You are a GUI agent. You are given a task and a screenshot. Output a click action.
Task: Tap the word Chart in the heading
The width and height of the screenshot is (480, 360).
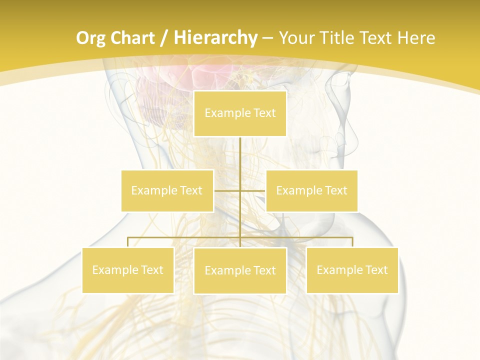click(x=133, y=38)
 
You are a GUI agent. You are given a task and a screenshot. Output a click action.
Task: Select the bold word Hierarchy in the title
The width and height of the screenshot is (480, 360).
click(x=215, y=38)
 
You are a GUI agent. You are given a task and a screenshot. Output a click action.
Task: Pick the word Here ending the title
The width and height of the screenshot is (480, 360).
click(x=416, y=38)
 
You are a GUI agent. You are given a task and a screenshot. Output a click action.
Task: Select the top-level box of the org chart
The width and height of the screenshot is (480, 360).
click(x=240, y=113)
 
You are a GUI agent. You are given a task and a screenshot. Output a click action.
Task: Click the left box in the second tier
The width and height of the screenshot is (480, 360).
click(x=167, y=190)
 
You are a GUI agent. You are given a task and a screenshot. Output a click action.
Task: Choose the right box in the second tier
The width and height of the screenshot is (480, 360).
click(x=311, y=190)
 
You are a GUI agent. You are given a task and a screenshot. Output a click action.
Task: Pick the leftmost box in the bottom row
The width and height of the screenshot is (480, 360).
click(x=127, y=270)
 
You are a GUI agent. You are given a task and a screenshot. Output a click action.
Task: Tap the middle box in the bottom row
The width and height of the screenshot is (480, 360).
click(x=240, y=270)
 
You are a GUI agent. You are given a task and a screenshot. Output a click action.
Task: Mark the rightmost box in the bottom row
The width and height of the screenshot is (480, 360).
click(x=352, y=270)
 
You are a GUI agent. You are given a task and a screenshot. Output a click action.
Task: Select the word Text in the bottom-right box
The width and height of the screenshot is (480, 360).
click(x=376, y=270)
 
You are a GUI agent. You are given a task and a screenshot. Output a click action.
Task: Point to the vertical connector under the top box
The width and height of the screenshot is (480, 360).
click(x=240, y=155)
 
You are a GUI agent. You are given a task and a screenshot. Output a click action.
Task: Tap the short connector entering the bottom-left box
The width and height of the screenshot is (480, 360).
click(x=128, y=242)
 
